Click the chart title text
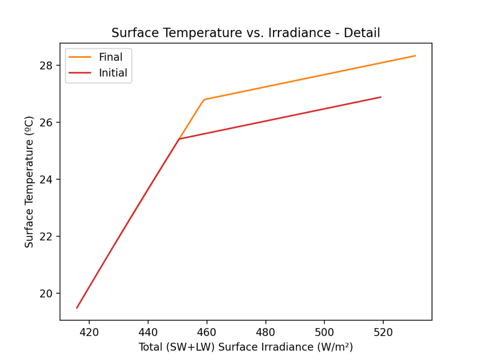click(245, 33)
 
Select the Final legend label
click(111, 57)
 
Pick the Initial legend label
click(113, 73)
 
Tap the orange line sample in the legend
click(80, 57)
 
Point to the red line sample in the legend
click(80, 73)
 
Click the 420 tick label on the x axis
click(89, 332)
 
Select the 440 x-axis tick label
click(148, 332)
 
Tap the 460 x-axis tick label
click(207, 332)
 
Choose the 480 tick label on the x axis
click(266, 332)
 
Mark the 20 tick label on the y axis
click(48, 293)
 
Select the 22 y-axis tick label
click(48, 236)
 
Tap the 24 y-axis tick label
click(48, 180)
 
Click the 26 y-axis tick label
click(48, 122)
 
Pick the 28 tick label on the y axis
click(48, 65)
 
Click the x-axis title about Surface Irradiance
click(246, 347)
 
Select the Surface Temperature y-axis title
click(29, 182)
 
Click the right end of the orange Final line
click(415, 56)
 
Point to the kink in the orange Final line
click(204, 99)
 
